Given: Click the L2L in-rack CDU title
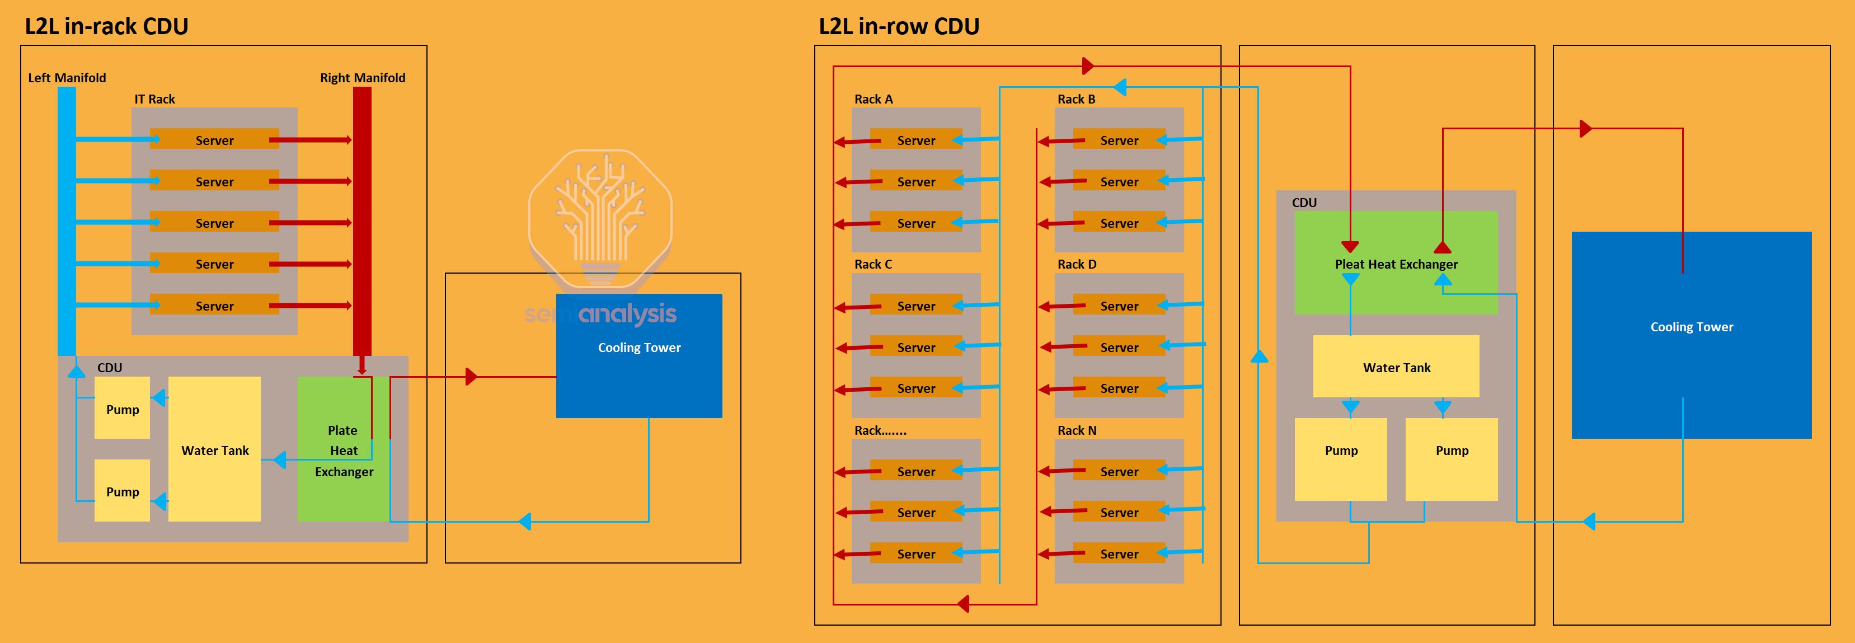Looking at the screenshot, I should (x=106, y=26).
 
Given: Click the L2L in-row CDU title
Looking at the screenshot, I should (x=899, y=26).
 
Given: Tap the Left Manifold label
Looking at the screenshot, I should (x=67, y=78).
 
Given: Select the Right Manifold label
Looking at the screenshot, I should (x=362, y=78).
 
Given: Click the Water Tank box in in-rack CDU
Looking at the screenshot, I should (x=214, y=449).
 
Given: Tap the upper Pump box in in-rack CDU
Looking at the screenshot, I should (x=123, y=409).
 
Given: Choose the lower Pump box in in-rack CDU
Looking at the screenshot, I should (x=123, y=491).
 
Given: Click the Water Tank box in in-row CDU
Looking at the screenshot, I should (x=1396, y=367).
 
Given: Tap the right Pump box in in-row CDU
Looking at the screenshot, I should (x=1452, y=459).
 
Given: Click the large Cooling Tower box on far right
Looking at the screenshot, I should (x=1692, y=335).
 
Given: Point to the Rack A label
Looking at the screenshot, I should (x=873, y=100).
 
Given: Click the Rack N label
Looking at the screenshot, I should (x=1077, y=430).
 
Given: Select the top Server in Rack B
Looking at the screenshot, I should (x=1119, y=140).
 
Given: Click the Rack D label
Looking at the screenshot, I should (x=1077, y=264).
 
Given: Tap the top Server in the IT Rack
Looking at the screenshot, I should (x=214, y=140).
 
